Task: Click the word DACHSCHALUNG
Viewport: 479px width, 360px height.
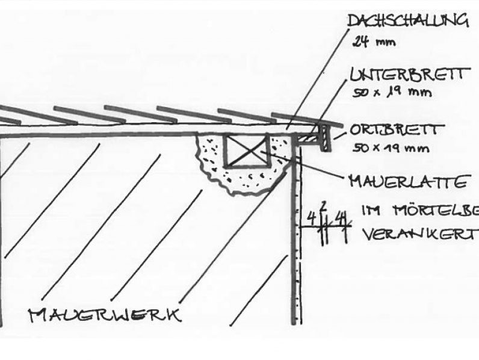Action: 407,22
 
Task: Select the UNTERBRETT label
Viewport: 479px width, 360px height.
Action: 407,75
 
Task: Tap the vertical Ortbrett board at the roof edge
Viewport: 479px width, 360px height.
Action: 325,138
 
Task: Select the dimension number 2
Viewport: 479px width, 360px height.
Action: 323,206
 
